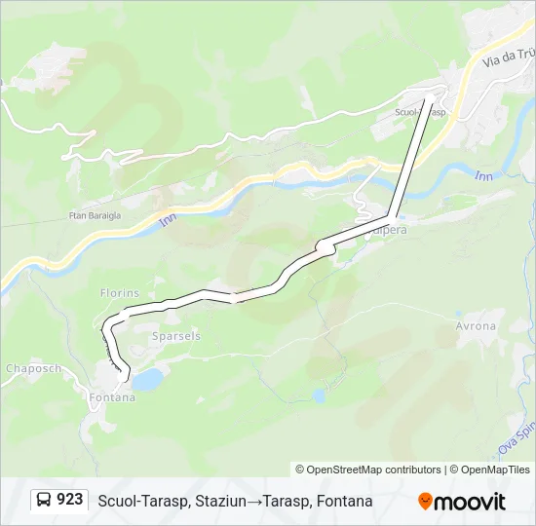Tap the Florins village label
coord(120,292)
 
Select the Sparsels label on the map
coord(174,335)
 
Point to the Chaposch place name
coord(34,368)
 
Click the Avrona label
coord(476,326)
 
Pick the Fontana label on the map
coord(111,397)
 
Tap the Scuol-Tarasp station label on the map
coord(420,112)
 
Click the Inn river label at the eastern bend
coord(483,176)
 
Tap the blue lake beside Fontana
coord(147,380)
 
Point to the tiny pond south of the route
coord(319,395)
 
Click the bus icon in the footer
coord(46,500)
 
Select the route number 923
coord(70,499)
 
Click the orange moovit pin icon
coord(426,501)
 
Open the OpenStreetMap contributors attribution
coord(368,470)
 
